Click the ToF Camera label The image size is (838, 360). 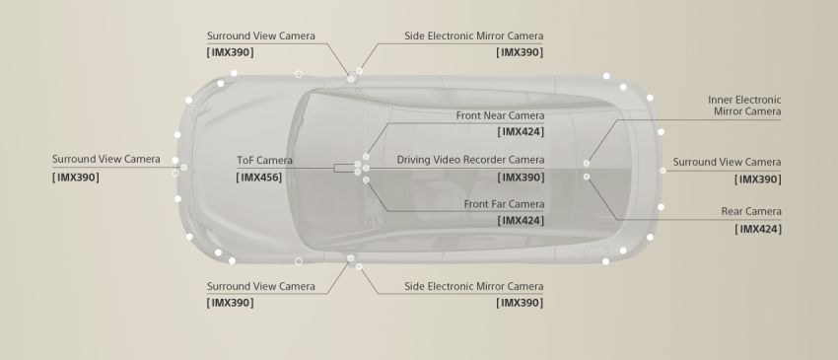(264, 161)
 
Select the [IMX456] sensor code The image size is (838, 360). (258, 178)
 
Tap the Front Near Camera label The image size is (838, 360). (500, 115)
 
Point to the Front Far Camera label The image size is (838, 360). (504, 204)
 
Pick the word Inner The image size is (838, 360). (720, 100)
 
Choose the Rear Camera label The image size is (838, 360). (751, 211)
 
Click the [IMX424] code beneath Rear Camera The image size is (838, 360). (758, 229)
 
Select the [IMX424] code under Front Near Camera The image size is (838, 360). (521, 131)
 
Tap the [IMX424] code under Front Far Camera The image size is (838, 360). (521, 220)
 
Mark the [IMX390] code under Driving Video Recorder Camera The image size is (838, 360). (521, 178)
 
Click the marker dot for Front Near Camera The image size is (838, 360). (366, 157)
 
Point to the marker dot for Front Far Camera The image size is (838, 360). (366, 180)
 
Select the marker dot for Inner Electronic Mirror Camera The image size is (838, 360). (587, 163)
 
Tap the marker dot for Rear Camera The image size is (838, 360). (587, 177)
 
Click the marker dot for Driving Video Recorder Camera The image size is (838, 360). (366, 168)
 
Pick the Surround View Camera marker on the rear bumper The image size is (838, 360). (663, 171)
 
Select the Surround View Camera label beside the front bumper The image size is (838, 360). (105, 160)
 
